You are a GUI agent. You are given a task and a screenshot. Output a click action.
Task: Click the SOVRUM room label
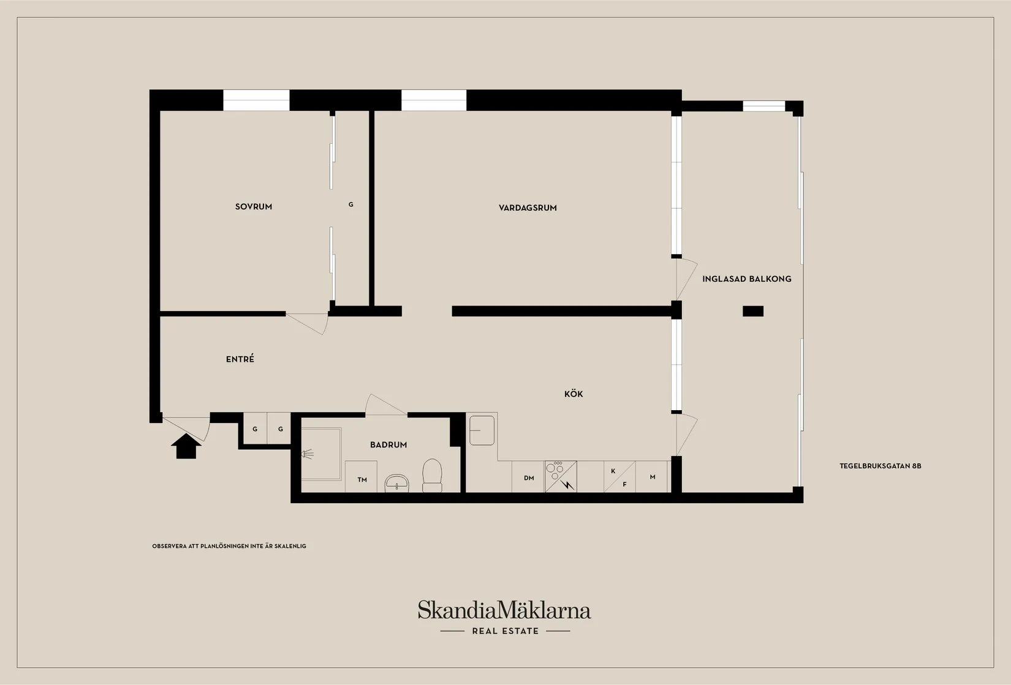(254, 207)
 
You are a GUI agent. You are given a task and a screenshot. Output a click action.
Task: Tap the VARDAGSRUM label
(528, 208)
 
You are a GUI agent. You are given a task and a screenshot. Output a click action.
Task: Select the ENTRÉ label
(240, 359)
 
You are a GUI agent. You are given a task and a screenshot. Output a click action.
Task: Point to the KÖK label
(574, 394)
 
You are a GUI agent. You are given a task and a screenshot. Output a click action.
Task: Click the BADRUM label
(388, 444)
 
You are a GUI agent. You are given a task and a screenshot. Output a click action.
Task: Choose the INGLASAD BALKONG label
(747, 279)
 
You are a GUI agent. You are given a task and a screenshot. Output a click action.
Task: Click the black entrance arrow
(186, 446)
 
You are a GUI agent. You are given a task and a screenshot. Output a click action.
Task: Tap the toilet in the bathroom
(432, 475)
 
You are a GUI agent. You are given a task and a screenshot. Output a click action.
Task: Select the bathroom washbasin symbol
(396, 483)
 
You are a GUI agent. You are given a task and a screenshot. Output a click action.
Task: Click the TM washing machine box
(361, 477)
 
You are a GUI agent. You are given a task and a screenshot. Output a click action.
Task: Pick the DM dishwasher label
(529, 478)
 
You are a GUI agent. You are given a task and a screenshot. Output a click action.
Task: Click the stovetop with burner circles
(561, 476)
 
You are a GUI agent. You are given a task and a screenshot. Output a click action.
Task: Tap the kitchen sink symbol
(482, 431)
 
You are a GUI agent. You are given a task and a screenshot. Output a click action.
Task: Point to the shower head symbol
(308, 454)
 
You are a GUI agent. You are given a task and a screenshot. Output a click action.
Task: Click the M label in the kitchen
(653, 477)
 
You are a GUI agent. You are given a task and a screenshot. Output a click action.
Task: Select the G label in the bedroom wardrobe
(350, 204)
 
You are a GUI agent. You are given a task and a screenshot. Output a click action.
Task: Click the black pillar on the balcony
(753, 311)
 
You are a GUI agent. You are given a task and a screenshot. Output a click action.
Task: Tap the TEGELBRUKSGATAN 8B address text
(880, 466)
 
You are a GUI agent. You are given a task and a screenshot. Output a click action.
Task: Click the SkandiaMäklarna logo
(504, 610)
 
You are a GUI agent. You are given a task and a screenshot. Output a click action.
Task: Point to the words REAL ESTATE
(505, 631)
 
